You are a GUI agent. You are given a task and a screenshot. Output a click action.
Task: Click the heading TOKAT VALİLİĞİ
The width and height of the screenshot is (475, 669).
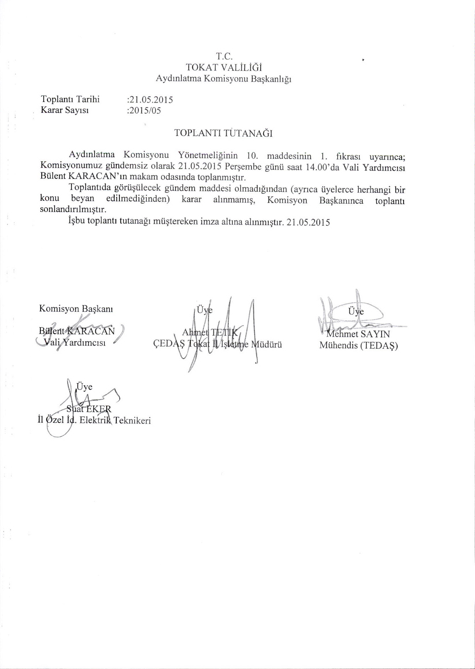point(224,67)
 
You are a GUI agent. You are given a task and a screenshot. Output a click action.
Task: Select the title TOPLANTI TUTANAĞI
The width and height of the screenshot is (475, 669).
point(223,133)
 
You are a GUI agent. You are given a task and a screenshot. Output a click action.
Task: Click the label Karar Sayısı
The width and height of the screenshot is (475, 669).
point(64,110)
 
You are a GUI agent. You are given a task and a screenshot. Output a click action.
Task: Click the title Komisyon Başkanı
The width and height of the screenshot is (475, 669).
point(76,309)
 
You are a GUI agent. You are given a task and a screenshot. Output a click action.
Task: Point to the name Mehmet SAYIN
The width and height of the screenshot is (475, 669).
point(358,334)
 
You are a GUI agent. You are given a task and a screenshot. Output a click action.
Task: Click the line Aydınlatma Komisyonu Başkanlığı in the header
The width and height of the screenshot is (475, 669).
point(224,78)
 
